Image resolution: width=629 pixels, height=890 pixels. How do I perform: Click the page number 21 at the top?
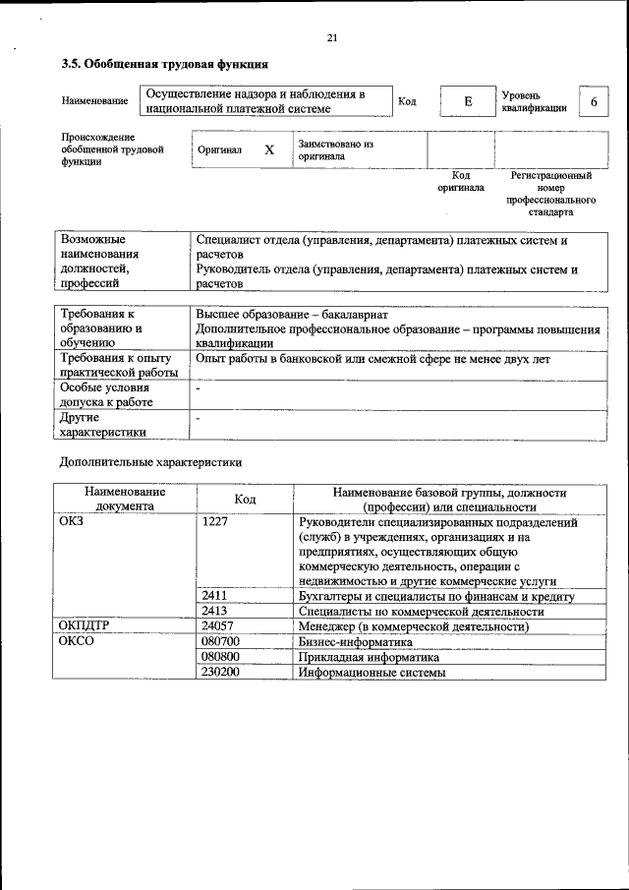point(331,38)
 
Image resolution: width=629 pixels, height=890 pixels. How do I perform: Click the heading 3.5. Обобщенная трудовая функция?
point(164,65)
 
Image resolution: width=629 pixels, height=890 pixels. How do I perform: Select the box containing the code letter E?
point(468,101)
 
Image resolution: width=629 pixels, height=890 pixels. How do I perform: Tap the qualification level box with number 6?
point(594,102)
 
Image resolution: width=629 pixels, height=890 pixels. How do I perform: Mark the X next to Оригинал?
point(268,150)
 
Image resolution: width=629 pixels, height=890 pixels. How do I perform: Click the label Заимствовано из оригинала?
point(335,149)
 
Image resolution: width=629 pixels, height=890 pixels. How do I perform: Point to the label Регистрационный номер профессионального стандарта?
point(551,194)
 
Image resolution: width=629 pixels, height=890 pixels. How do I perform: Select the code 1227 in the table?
point(215,523)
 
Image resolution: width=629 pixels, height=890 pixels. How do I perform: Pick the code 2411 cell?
point(215,596)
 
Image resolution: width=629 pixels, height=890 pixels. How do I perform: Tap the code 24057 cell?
point(217,626)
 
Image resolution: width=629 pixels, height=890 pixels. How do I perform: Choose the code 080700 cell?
point(220,642)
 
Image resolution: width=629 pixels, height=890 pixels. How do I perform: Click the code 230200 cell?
point(220,672)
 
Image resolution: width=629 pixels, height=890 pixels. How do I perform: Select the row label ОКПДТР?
point(88,626)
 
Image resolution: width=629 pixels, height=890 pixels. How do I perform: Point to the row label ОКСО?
point(79,642)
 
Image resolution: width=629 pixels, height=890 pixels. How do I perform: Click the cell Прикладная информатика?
point(369,657)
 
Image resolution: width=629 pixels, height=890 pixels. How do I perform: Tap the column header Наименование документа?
point(124,499)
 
